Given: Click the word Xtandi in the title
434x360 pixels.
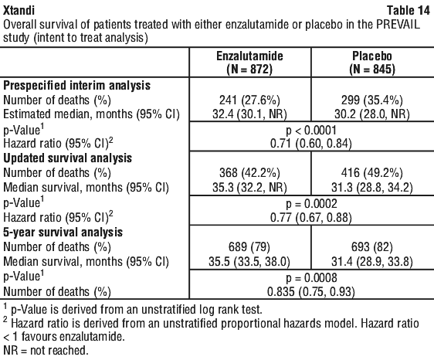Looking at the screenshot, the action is click(19, 10).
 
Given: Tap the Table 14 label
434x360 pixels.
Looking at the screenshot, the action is click(409, 10).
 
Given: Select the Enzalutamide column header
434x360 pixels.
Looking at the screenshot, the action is click(249, 63).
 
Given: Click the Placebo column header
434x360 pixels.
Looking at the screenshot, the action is click(372, 63).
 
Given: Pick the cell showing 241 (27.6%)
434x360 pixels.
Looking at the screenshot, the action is click(249, 100).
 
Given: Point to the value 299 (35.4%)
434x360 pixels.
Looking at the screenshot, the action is click(372, 100).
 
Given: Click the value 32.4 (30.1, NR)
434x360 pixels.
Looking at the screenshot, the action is click(249, 114).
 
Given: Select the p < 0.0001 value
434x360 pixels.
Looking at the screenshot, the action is click(311, 130).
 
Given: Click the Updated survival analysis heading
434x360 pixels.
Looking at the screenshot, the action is click(67, 158).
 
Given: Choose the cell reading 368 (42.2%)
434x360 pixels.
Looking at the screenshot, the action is click(249, 173).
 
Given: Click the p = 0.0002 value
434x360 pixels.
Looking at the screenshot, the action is click(311, 204).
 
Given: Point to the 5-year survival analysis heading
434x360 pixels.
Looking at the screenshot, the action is click(63, 232).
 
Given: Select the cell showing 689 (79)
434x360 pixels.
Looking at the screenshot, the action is click(249, 246).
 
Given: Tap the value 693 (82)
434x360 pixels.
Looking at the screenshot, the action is click(372, 246).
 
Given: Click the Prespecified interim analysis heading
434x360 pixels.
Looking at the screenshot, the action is click(76, 85).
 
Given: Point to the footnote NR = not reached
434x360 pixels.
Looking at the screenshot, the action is click(46, 350).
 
